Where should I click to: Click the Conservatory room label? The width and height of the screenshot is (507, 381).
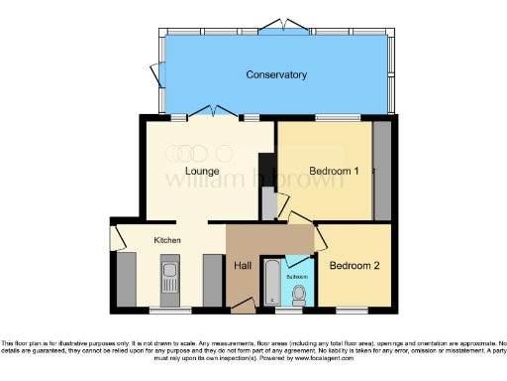(276, 74)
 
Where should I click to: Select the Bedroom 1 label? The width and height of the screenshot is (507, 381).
(334, 172)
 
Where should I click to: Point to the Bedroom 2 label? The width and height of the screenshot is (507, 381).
(354, 266)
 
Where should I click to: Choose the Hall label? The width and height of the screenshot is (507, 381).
(242, 265)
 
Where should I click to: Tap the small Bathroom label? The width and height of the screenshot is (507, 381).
(298, 275)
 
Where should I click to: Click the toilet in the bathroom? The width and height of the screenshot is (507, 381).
(299, 294)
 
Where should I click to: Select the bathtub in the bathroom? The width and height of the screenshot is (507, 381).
(270, 283)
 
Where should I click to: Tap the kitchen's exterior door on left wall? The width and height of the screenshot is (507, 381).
(116, 236)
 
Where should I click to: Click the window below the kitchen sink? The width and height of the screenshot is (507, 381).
(164, 309)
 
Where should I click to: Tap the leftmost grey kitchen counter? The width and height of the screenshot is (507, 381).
(126, 279)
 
